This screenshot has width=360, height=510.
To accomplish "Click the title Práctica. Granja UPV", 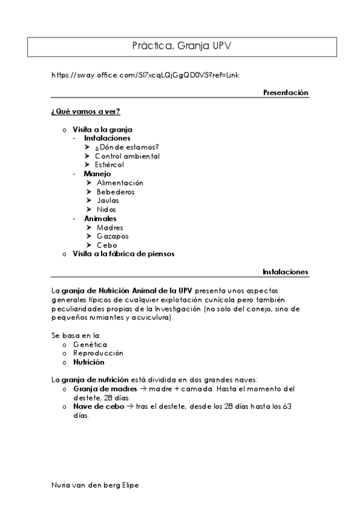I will [180, 45].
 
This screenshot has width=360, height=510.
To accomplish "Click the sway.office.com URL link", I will [146, 75].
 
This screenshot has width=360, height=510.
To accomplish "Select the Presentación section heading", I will [285, 93].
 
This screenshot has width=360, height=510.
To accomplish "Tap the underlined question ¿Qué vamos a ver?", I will [86, 112].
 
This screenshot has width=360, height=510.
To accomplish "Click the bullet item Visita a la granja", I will [102, 129].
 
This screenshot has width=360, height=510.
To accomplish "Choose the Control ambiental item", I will [127, 156].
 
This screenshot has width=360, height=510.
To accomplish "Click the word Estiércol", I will [109, 164].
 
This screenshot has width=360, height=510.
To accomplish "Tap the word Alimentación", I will [120, 183].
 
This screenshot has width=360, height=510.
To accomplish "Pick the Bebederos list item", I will [115, 192].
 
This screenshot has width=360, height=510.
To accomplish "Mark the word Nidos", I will [106, 209].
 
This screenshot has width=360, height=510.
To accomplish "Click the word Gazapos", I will [112, 236].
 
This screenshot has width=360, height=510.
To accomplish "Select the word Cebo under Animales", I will [106, 245].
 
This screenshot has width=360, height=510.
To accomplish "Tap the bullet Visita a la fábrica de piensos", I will [123, 254].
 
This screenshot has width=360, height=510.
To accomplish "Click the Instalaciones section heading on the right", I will [285, 272].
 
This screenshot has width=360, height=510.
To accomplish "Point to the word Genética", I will [90, 345].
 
